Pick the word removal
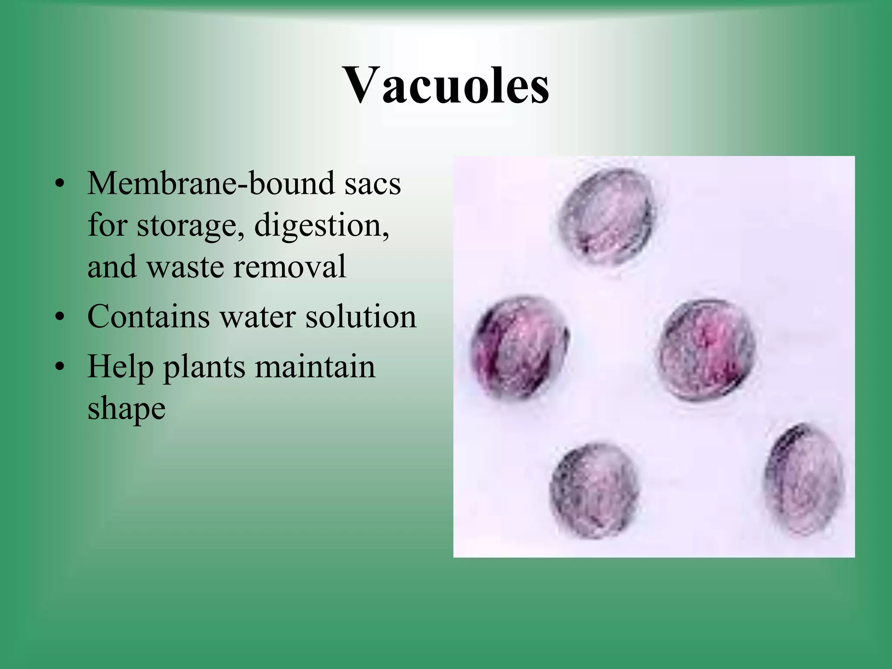click(290, 267)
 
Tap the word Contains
click(148, 316)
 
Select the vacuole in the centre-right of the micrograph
click(706, 350)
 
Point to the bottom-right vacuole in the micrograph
click(804, 479)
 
